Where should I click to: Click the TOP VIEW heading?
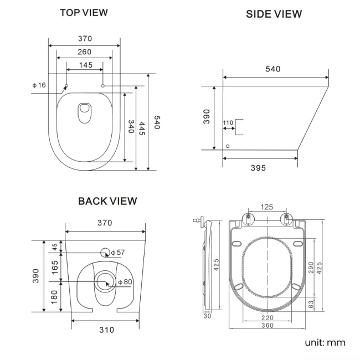coord(84,12)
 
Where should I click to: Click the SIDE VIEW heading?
coord(274,14)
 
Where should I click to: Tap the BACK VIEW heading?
coord(107,201)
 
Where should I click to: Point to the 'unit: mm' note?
coord(325,342)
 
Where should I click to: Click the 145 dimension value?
coord(85,65)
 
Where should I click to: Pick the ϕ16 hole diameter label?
coord(39,85)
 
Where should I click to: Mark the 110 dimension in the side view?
coord(228,122)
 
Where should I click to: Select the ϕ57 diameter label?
coord(118,253)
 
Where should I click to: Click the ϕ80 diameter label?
coord(125,282)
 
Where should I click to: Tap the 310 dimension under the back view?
coord(106,330)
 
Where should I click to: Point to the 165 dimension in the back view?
coord(54,267)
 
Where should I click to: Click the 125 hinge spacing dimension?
coord(267,207)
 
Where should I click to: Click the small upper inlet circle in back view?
coord(105,253)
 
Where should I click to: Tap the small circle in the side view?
coord(228,146)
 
